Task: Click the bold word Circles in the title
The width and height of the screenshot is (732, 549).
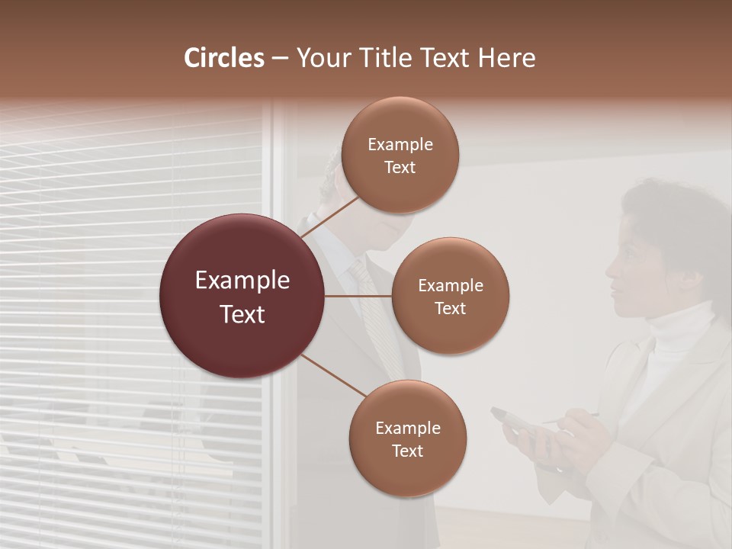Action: pyautogui.click(x=224, y=58)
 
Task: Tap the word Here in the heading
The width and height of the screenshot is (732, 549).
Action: pyautogui.click(x=506, y=58)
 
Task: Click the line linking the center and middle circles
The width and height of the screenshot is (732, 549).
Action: pyautogui.click(x=358, y=296)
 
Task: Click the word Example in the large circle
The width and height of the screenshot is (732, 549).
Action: pyautogui.click(x=242, y=281)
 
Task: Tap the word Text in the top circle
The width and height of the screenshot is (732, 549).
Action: pyautogui.click(x=400, y=168)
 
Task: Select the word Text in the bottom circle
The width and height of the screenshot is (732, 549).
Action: pyautogui.click(x=407, y=451)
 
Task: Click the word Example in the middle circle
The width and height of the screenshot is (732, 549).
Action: pyautogui.click(x=450, y=286)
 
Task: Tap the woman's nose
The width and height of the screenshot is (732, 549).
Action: pyautogui.click(x=610, y=268)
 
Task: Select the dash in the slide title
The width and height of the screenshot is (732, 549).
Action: pyautogui.click(x=280, y=59)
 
